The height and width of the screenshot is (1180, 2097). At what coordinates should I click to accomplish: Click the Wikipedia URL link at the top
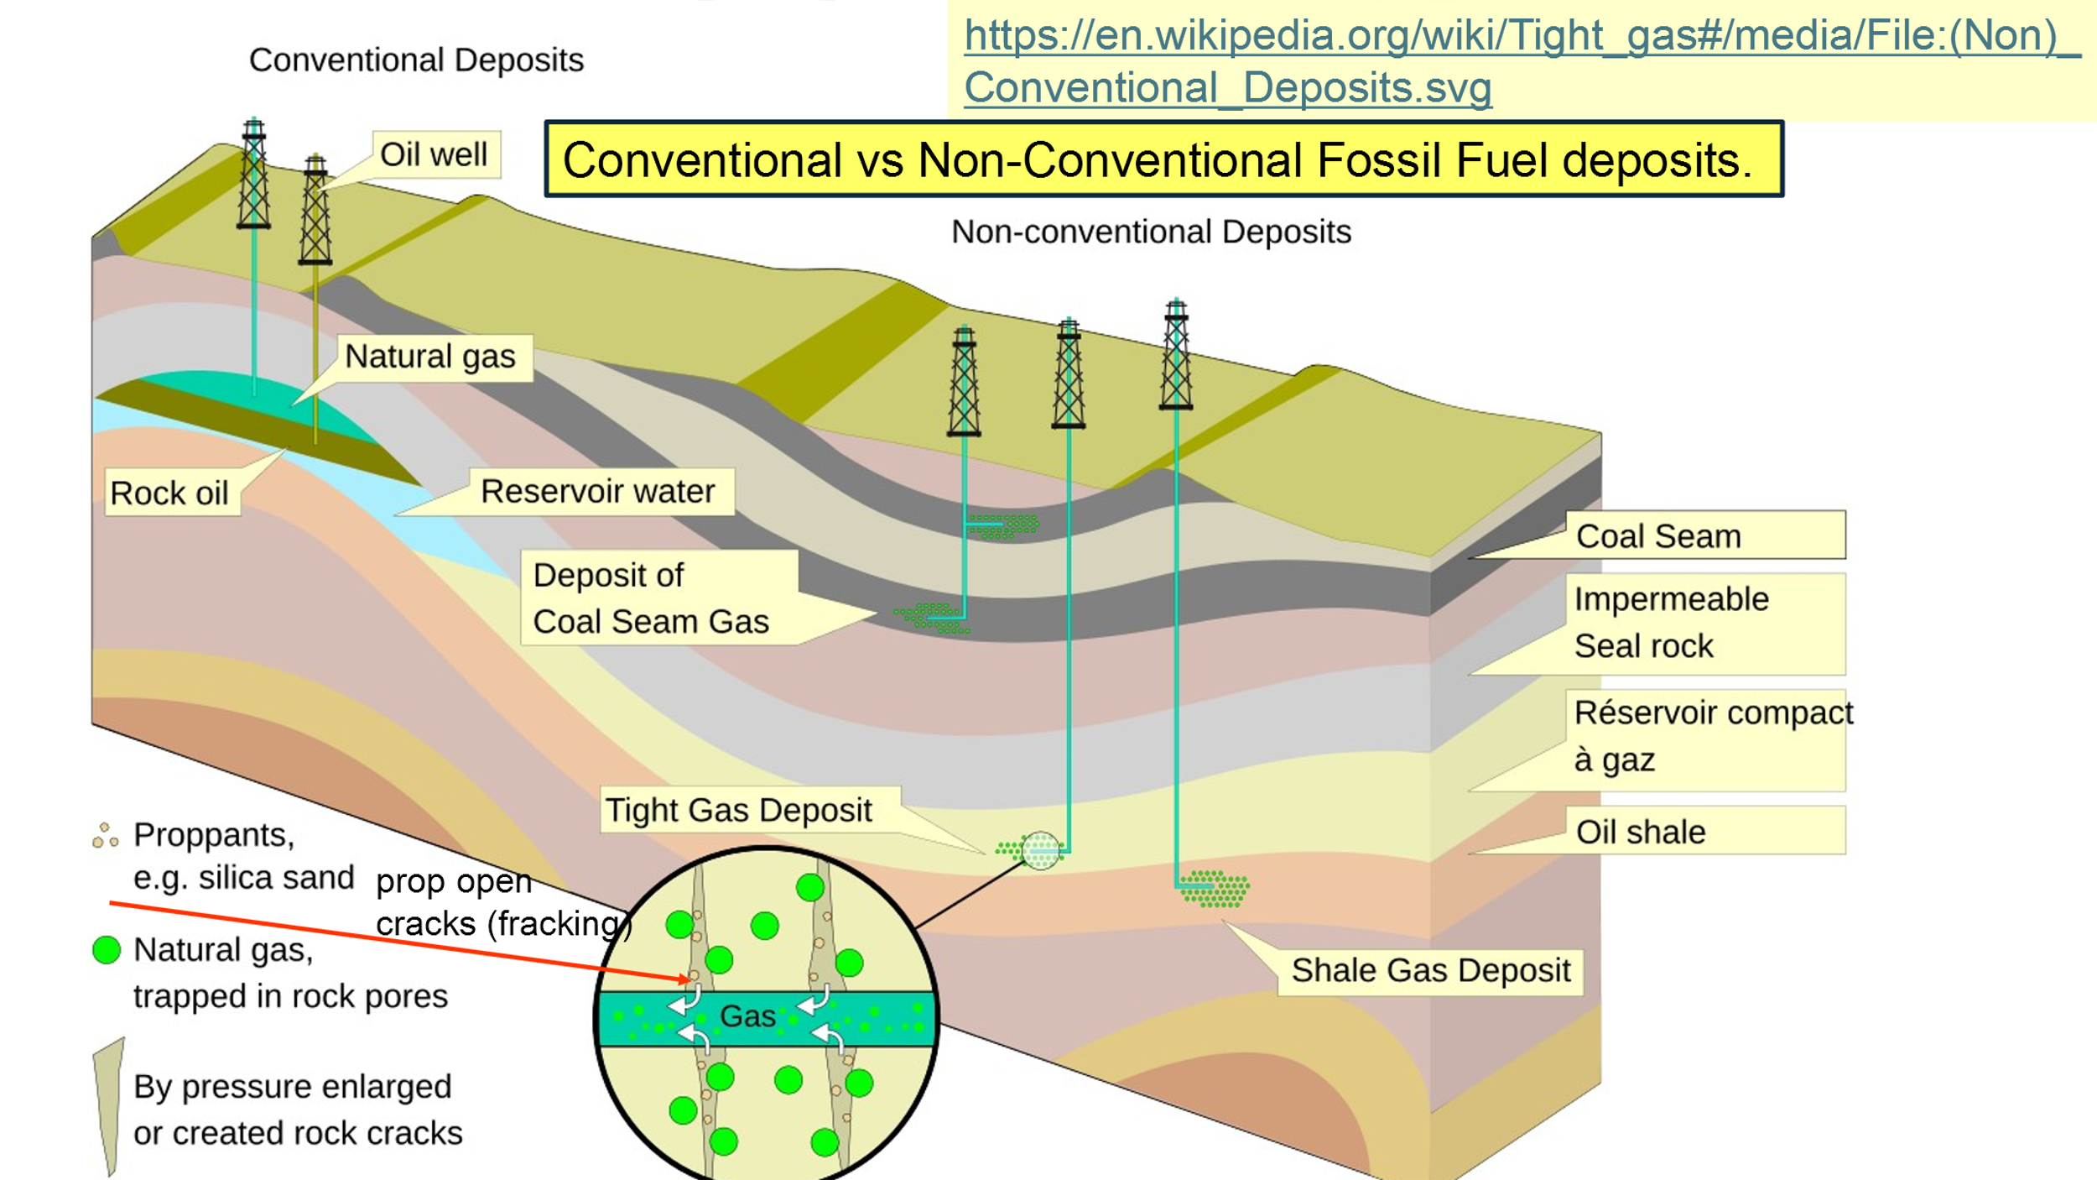pos(1510,60)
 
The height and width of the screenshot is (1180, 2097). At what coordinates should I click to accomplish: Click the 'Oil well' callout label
pos(434,154)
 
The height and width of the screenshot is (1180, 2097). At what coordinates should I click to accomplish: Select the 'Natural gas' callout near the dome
pos(430,357)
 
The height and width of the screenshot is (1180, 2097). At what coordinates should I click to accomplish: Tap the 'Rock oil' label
pos(169,493)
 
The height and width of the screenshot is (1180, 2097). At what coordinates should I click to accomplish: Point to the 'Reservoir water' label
pos(597,492)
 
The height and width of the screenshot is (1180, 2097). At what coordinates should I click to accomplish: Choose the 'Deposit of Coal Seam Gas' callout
pos(652,598)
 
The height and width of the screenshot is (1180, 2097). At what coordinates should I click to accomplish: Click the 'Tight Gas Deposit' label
pos(739,811)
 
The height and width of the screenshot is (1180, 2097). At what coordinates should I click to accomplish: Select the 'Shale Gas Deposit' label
pos(1430,971)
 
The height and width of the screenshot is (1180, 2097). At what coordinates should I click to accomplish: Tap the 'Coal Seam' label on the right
pos(1659,536)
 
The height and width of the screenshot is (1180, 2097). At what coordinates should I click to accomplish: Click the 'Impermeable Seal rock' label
pos(1671,623)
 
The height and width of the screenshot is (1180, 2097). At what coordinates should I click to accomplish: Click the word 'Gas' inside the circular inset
pos(747,1016)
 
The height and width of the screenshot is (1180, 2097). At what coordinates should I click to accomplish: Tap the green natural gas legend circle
pos(107,950)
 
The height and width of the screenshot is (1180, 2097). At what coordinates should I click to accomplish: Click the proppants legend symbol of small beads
pos(105,835)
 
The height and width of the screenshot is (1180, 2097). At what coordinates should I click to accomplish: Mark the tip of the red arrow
pos(689,979)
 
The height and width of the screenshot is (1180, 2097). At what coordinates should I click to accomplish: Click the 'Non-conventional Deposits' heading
pos(1151,232)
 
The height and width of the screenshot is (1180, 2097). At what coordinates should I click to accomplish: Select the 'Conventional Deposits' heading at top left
pos(416,60)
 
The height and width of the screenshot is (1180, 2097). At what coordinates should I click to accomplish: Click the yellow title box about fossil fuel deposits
pos(1163,159)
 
